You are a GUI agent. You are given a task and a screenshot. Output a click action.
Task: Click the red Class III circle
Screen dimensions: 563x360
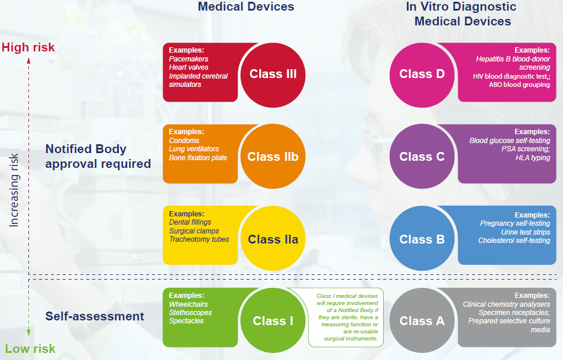point(273,75)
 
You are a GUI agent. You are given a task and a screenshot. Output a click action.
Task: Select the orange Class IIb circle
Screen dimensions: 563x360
point(273,157)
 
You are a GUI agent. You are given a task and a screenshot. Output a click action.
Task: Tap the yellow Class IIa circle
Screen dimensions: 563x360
point(273,238)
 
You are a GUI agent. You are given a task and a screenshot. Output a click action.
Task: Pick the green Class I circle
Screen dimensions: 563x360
point(273,320)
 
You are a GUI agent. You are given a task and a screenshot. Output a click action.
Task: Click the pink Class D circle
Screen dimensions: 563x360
point(422,75)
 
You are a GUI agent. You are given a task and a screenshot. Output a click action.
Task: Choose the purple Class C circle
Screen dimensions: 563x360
point(422,157)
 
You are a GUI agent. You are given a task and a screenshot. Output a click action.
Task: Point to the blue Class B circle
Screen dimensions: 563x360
point(422,238)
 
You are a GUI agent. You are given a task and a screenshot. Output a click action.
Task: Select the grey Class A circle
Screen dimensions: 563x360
point(422,320)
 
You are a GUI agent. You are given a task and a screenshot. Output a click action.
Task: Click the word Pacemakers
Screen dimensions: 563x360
point(189,59)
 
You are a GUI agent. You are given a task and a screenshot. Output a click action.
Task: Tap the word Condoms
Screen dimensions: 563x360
point(184,140)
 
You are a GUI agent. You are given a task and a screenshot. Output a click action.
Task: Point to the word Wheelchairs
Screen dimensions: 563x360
point(189,304)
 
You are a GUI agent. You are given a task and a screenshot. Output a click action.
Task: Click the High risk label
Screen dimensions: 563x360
point(28,47)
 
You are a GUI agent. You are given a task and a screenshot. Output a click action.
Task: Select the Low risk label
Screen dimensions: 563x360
point(30,349)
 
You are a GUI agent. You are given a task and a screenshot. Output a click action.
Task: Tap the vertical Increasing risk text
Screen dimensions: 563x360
point(14,190)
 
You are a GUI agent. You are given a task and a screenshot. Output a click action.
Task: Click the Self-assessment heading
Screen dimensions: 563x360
point(95,316)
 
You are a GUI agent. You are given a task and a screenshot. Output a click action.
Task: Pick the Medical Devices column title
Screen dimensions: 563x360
point(246,7)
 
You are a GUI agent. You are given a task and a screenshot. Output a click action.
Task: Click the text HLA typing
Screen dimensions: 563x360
point(533,158)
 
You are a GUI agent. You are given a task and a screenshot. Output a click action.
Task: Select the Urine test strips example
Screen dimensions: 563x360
point(526,232)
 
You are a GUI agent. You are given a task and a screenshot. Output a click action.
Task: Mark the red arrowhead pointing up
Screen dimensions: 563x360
point(29,61)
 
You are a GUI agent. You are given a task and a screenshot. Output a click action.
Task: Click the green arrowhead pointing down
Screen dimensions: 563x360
point(29,333)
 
